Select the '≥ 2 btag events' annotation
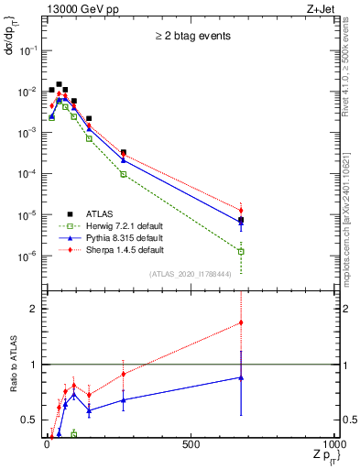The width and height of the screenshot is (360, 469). pos(191,37)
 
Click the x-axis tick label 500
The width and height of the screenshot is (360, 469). pos(190,444)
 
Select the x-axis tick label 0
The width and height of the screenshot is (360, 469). pos(46,444)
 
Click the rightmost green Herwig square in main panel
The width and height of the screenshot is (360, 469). pos(241,251)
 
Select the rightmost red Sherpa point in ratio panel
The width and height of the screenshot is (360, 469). pos(241,322)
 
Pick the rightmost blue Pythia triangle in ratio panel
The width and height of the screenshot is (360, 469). pos(241,377)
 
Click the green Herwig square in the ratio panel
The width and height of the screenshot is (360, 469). pos(74,433)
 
